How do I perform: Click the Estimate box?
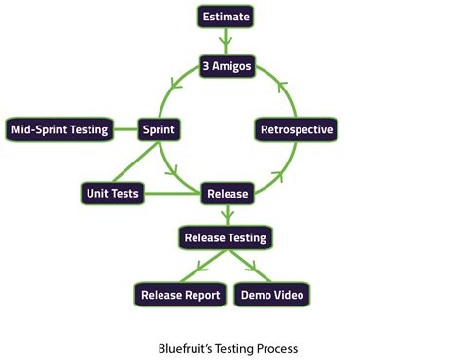click(226, 16)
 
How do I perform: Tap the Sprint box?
click(159, 129)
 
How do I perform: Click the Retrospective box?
click(297, 129)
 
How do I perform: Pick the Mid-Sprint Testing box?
click(58, 129)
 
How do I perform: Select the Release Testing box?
click(226, 236)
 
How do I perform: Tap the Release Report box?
click(180, 294)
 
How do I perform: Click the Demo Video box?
click(273, 294)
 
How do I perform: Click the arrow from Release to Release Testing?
click(226, 215)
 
